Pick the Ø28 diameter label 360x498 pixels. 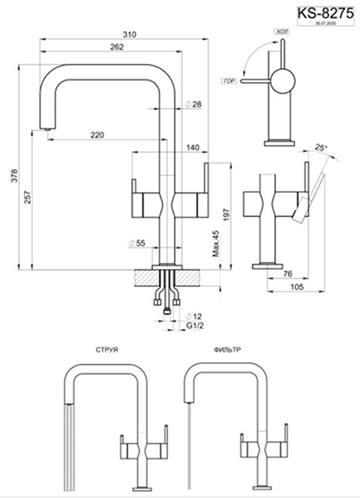(194, 105)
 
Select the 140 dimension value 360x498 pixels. (192, 148)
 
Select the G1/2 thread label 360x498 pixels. (196, 329)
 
